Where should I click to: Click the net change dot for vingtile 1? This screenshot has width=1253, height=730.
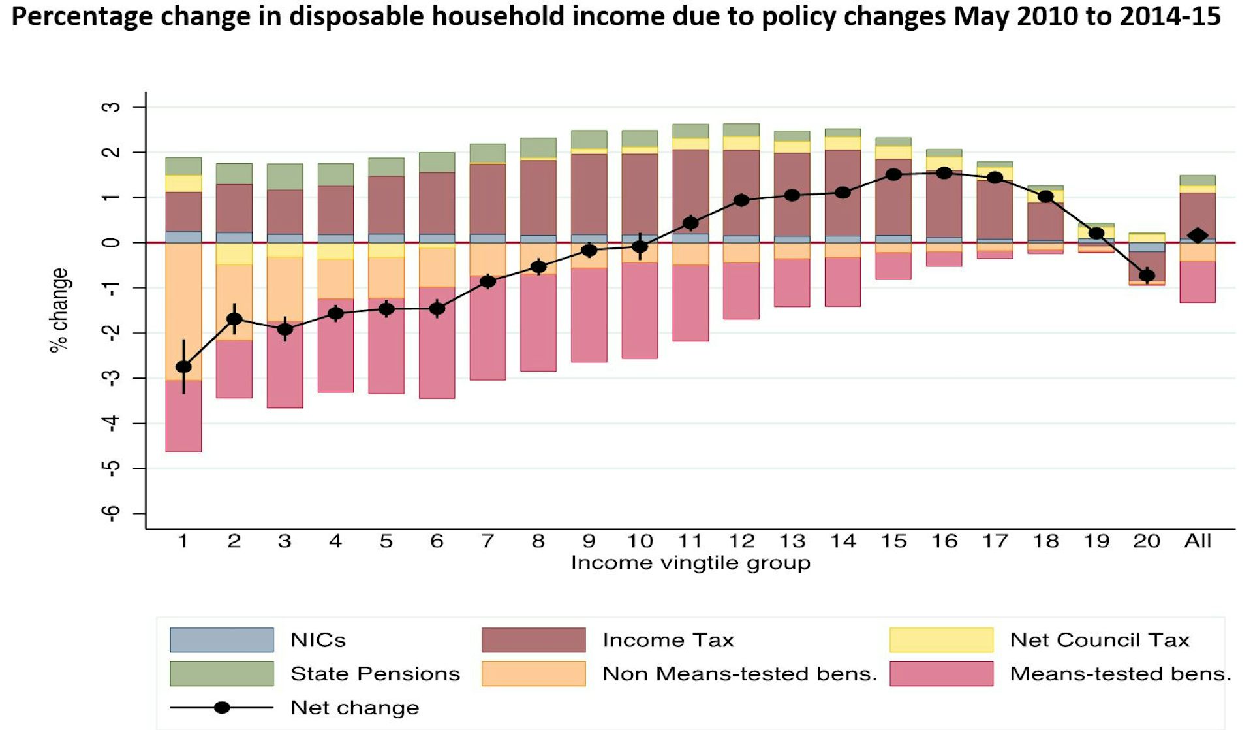(183, 367)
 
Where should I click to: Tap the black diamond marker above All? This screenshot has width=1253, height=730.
(1198, 236)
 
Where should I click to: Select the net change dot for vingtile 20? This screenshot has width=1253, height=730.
(1147, 275)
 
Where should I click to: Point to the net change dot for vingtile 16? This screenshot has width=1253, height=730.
(944, 173)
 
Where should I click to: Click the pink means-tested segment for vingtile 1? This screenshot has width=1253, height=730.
(183, 416)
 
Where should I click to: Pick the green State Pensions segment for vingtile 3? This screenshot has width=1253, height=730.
(285, 177)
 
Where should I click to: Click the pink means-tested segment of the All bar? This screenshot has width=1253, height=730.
(1198, 281)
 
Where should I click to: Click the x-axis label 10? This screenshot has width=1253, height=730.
(640, 541)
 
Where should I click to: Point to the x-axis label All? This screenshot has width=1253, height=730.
(1198, 541)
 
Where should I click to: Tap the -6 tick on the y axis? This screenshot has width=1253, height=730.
(112, 514)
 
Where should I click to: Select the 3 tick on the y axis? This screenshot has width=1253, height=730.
(112, 106)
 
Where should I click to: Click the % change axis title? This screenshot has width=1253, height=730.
(59, 310)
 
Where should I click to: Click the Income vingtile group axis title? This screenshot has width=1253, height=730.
(690, 563)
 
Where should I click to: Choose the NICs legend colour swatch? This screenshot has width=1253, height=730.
(222, 640)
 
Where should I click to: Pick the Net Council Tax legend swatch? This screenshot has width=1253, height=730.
(941, 640)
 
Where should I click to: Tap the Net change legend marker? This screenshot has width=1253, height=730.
(222, 708)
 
